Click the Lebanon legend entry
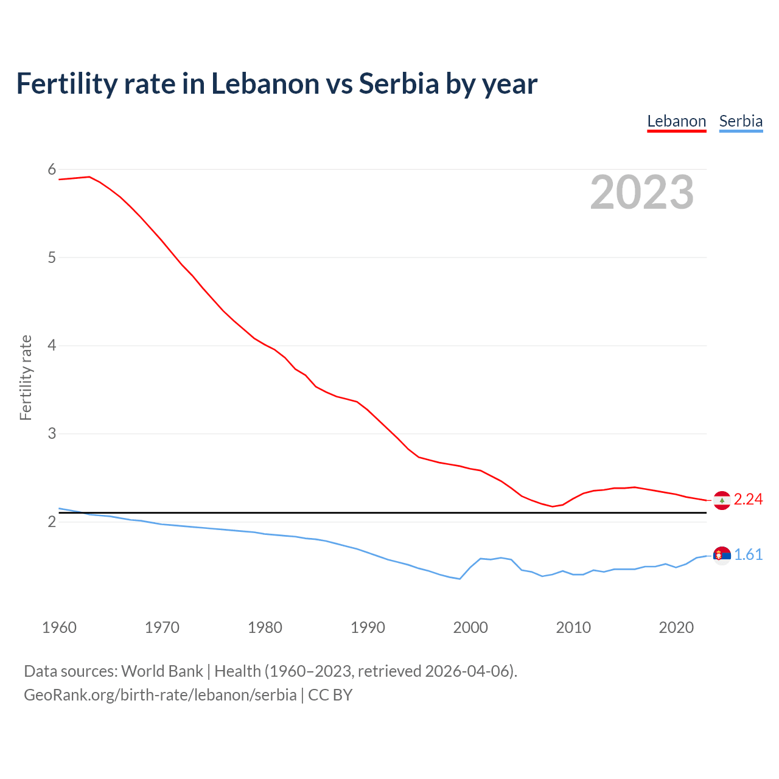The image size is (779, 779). pos(676,121)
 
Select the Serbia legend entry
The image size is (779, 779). pos(741,121)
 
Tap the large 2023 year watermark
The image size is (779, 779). pos(642,192)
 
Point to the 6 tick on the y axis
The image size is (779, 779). pos(52,170)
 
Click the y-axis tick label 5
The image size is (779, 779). pos(52,257)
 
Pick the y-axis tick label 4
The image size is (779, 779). pos(52,346)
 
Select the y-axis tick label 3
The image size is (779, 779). pos(52,434)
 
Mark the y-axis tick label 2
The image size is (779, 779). pos(52,522)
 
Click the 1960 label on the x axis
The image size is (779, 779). pos(59,627)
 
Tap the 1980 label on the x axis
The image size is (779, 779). pos(265,627)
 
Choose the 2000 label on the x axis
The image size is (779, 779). pos(470,627)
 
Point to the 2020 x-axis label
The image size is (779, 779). pos(676,627)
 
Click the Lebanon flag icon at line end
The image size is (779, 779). pos(722,500)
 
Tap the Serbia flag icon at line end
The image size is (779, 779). pos(722,555)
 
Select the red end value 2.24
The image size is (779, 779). pos(748,500)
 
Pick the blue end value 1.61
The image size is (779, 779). pos(748,555)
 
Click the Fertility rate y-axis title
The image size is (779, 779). pos(26,377)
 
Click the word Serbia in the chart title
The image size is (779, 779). pos(399,83)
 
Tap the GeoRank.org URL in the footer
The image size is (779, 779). pos(160,695)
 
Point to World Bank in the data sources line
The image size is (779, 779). pos(162,671)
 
